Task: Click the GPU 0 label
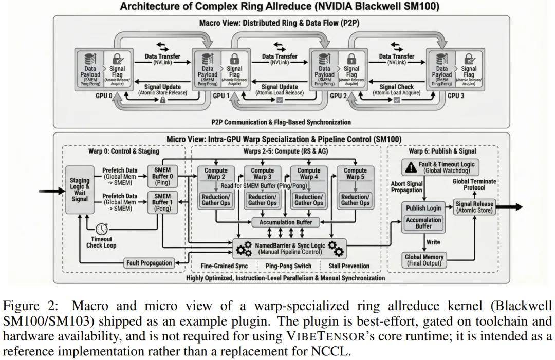tap(103, 96)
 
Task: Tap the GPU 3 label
tap(455, 96)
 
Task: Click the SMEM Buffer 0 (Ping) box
tap(162, 177)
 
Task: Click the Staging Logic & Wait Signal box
tap(80, 190)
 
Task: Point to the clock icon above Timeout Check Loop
tap(101, 228)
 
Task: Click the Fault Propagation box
tap(149, 263)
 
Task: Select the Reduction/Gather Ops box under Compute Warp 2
tap(216, 200)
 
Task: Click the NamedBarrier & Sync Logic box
tap(290, 249)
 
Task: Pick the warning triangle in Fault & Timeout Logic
tap(411, 167)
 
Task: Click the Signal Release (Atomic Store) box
tap(474, 207)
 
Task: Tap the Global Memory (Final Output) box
tap(424, 260)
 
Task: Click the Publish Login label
tap(423, 208)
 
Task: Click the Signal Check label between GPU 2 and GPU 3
tap(396, 90)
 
